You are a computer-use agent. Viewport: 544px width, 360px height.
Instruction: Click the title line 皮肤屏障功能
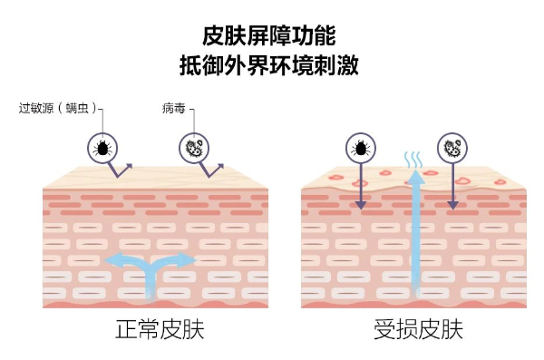[x=269, y=35]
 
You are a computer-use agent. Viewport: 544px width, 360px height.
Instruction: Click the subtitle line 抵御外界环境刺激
[x=269, y=65]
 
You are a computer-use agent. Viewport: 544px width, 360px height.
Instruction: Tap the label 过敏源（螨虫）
[x=58, y=108]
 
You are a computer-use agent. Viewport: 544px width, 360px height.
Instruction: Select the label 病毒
[x=173, y=108]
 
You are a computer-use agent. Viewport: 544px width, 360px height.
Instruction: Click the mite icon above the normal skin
[x=102, y=148]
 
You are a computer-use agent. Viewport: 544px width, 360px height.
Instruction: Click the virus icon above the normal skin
[x=194, y=148]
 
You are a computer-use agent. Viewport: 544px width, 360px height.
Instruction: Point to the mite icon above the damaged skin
[x=361, y=148]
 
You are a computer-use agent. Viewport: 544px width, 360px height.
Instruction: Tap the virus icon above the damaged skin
[x=452, y=148]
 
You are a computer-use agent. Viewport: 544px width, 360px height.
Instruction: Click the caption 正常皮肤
[x=160, y=329]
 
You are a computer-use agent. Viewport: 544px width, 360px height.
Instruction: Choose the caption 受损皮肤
[x=418, y=329]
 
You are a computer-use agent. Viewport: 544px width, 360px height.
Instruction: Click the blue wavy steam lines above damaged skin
[x=413, y=160]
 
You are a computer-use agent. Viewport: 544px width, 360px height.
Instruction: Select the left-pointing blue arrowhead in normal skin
[x=112, y=260]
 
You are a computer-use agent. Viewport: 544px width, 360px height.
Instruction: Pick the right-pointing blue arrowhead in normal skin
[x=188, y=260]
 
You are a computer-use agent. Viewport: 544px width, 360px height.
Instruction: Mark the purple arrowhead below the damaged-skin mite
[x=361, y=206]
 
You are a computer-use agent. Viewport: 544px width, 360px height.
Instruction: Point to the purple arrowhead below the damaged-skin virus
[x=452, y=206]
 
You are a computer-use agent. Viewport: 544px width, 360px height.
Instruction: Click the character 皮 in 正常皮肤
[x=170, y=329]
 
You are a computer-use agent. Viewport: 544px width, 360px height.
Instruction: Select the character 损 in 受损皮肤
[x=407, y=329]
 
